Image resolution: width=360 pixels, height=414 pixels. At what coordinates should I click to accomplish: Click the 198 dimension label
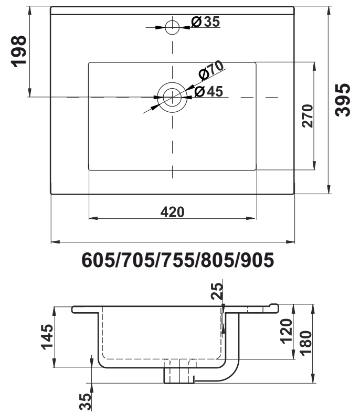click(18, 51)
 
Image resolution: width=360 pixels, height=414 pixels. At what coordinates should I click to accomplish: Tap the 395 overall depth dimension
click(342, 100)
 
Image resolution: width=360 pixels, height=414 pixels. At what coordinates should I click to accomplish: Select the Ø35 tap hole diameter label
click(206, 22)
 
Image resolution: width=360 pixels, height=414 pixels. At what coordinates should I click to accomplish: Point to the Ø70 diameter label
click(211, 70)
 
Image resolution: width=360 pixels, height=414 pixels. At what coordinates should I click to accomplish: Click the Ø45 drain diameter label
click(209, 91)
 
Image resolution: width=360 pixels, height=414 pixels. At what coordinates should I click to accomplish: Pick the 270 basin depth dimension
click(307, 116)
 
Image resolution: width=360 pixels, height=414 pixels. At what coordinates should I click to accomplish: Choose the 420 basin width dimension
click(173, 212)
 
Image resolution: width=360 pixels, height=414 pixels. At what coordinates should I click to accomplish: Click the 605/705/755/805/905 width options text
click(178, 260)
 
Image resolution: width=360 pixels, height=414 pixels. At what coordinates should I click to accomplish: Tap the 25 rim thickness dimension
click(217, 291)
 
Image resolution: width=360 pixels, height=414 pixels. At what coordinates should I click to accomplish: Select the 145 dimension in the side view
click(47, 337)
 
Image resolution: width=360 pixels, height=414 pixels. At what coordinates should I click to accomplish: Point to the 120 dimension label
click(286, 331)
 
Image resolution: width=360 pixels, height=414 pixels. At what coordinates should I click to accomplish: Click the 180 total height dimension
click(306, 343)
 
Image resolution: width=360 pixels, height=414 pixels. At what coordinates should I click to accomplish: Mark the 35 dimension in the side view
click(85, 401)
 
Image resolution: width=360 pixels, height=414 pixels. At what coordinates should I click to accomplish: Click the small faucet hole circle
click(172, 27)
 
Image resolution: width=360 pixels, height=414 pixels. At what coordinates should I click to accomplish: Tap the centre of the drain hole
click(172, 97)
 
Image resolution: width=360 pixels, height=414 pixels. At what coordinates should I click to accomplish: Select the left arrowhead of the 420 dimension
click(93, 218)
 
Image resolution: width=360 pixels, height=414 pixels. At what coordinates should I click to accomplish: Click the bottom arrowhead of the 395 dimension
click(329, 189)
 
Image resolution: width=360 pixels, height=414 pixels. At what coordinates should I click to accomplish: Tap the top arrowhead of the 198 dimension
click(29, 11)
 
